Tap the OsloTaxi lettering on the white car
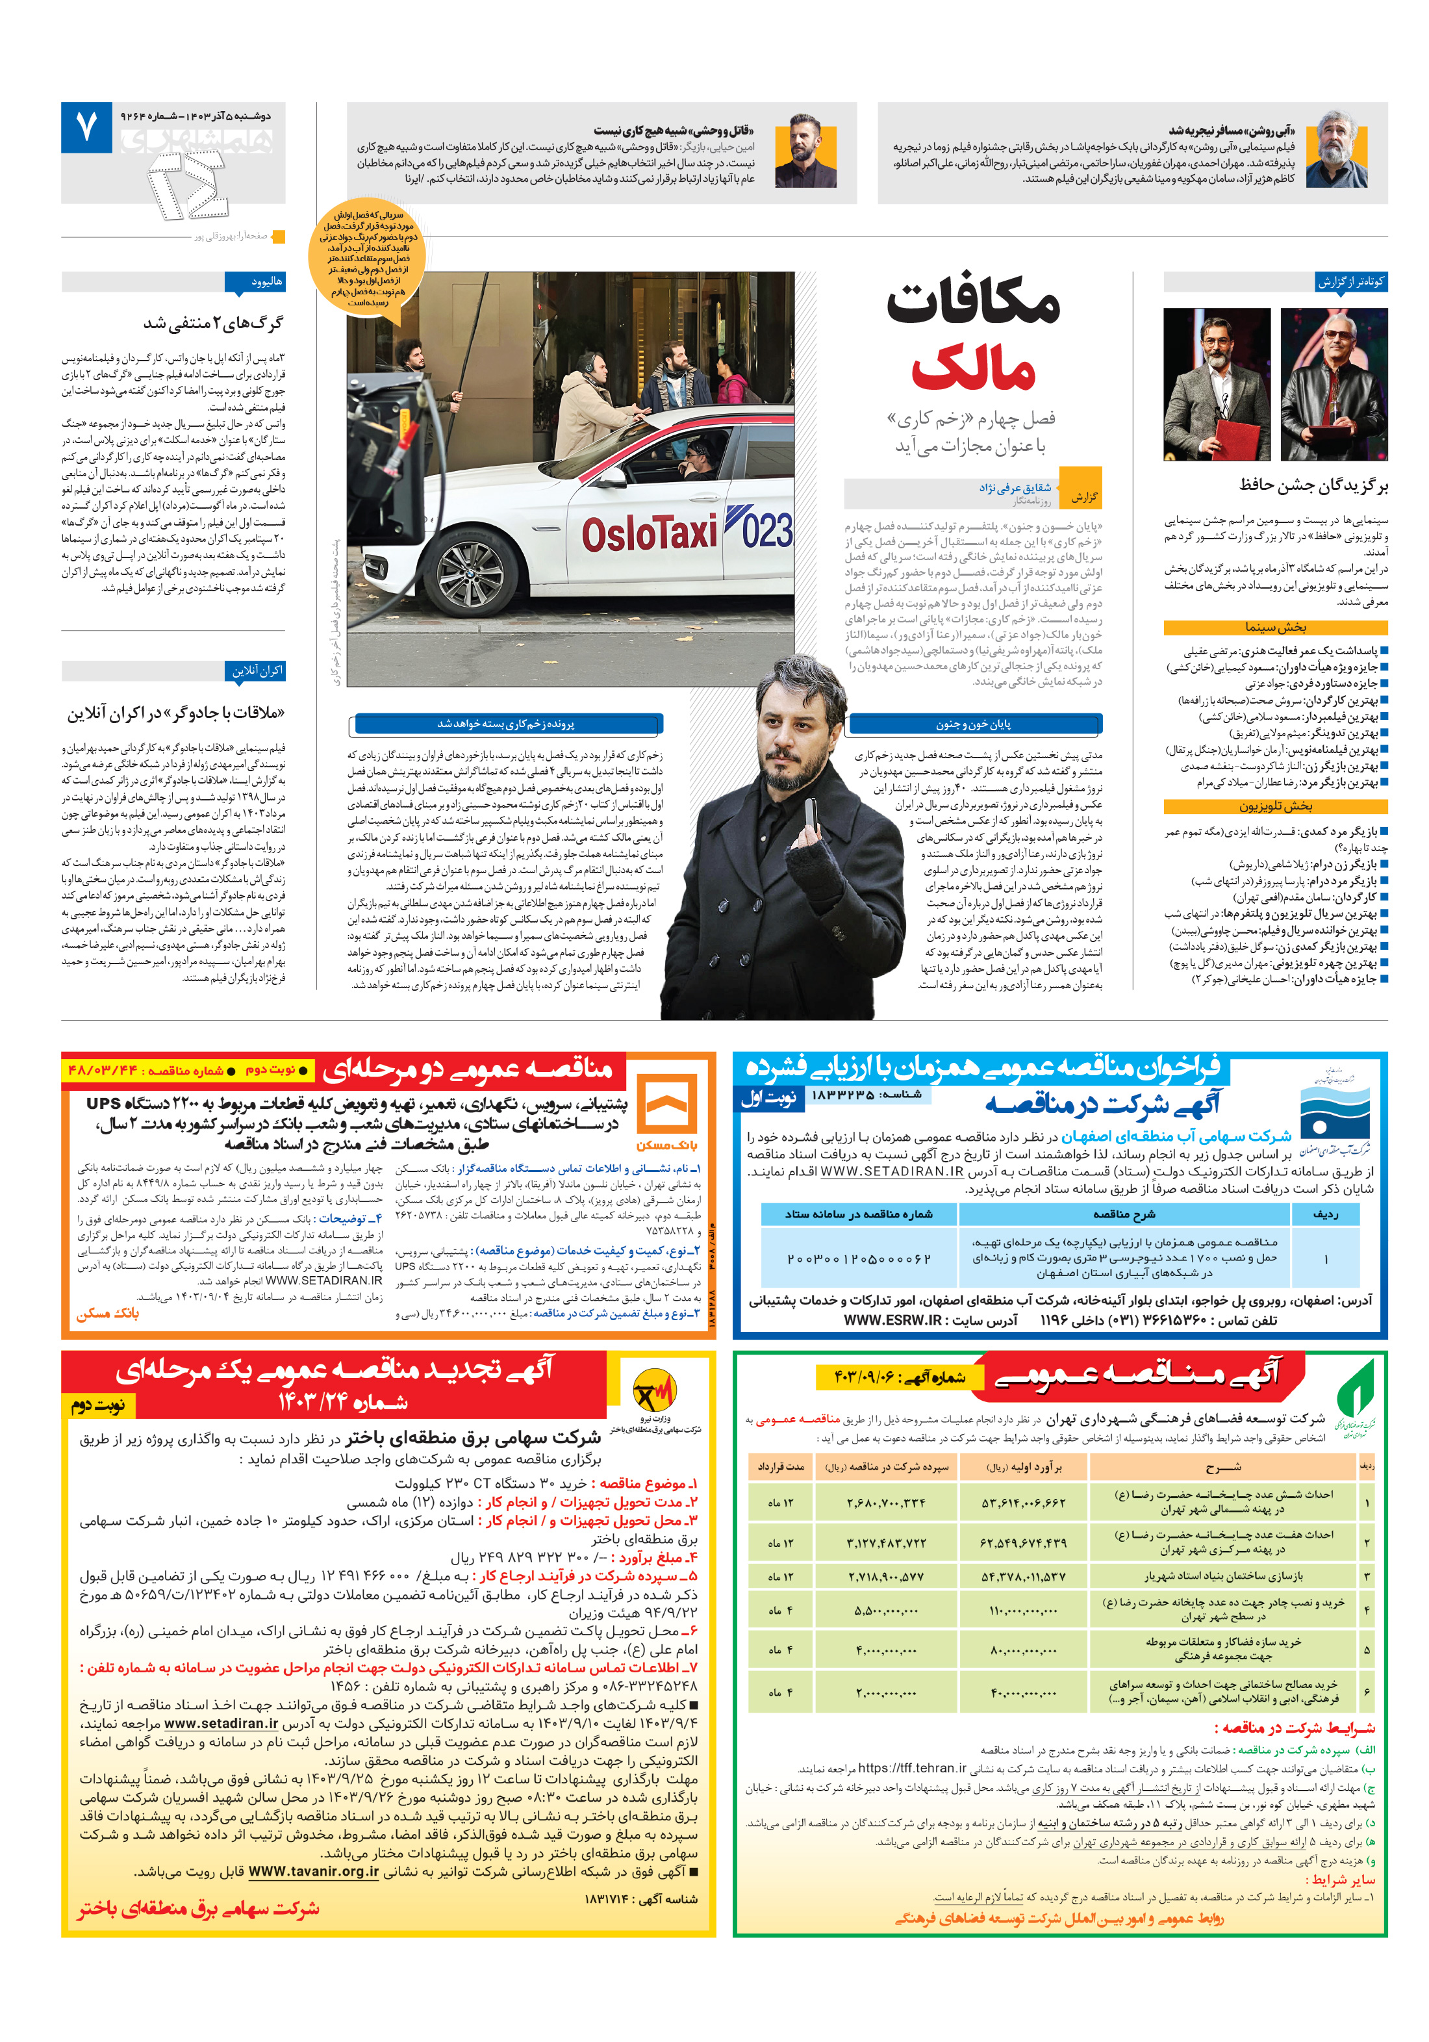pos(648,533)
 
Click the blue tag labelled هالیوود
pos(255,282)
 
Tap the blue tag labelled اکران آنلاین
pos(255,670)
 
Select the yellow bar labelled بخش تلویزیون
pos(1275,806)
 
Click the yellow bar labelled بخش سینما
pos(1275,626)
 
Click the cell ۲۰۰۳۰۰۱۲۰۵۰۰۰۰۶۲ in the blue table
pos(858,1258)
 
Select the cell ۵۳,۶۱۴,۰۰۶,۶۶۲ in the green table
pos(1022,1502)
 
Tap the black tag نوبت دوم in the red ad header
pos(98,1405)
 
